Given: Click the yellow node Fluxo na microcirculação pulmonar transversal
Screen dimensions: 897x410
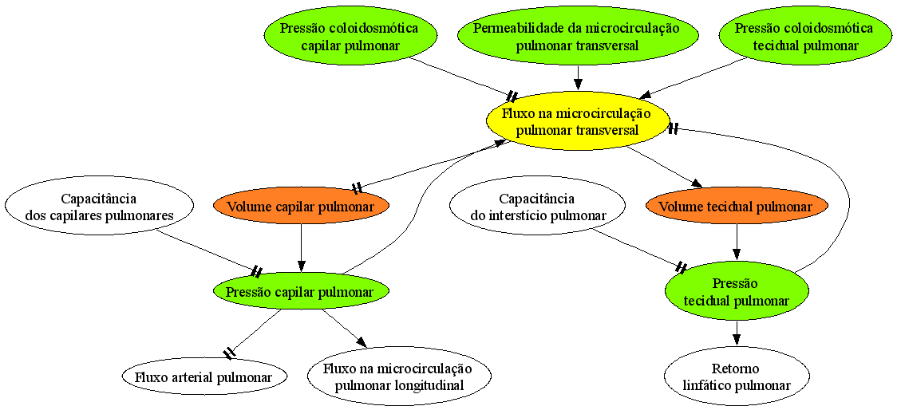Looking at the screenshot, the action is (578, 122).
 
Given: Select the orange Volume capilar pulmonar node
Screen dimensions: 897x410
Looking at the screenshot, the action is (301, 207).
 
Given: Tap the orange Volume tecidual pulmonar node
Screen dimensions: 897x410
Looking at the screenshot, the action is (737, 207).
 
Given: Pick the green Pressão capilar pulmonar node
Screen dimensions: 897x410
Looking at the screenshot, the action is (301, 292).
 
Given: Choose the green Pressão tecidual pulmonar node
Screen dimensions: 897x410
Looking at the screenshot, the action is (737, 292).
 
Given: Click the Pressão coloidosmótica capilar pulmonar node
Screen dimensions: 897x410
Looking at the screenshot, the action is (349, 37).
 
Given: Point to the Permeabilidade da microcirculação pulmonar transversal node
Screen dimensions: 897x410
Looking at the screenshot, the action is (577, 37).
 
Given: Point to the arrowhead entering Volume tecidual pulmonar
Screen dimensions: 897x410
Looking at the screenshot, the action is (695, 183).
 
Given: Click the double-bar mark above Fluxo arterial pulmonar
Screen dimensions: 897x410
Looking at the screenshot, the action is (229, 353).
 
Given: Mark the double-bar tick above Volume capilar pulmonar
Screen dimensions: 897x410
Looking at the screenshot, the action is (357, 188).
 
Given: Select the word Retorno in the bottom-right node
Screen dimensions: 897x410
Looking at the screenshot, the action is (737, 369).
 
